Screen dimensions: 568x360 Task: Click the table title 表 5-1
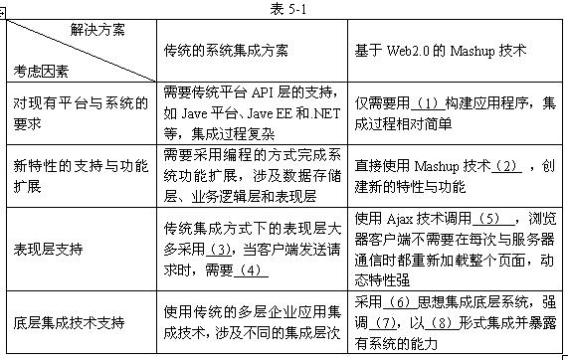pos(284,8)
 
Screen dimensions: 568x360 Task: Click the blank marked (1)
pos(428,102)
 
